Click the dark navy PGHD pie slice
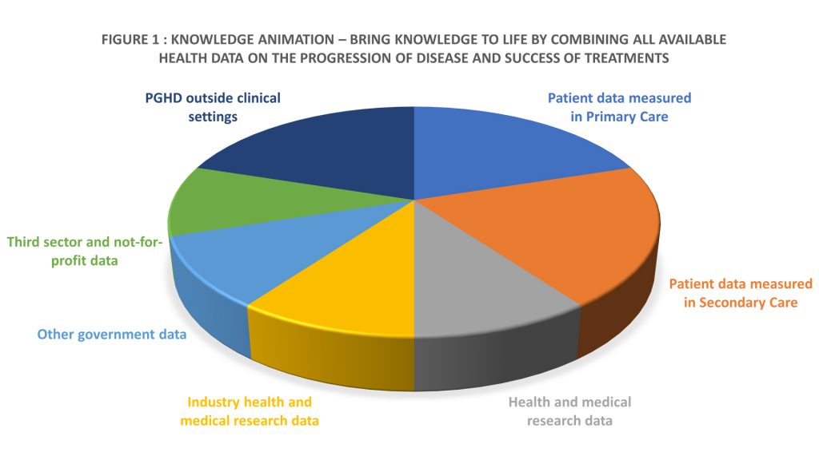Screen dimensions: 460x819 (336, 148)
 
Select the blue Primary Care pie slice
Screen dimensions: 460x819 (496, 152)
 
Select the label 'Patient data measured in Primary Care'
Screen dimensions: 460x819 (619, 106)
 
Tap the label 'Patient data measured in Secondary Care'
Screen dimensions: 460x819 (740, 293)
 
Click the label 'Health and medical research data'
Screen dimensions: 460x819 (569, 410)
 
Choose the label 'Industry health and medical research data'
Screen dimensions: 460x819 (249, 411)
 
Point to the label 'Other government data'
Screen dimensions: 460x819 (112, 334)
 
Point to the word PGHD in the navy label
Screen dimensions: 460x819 (163, 98)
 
